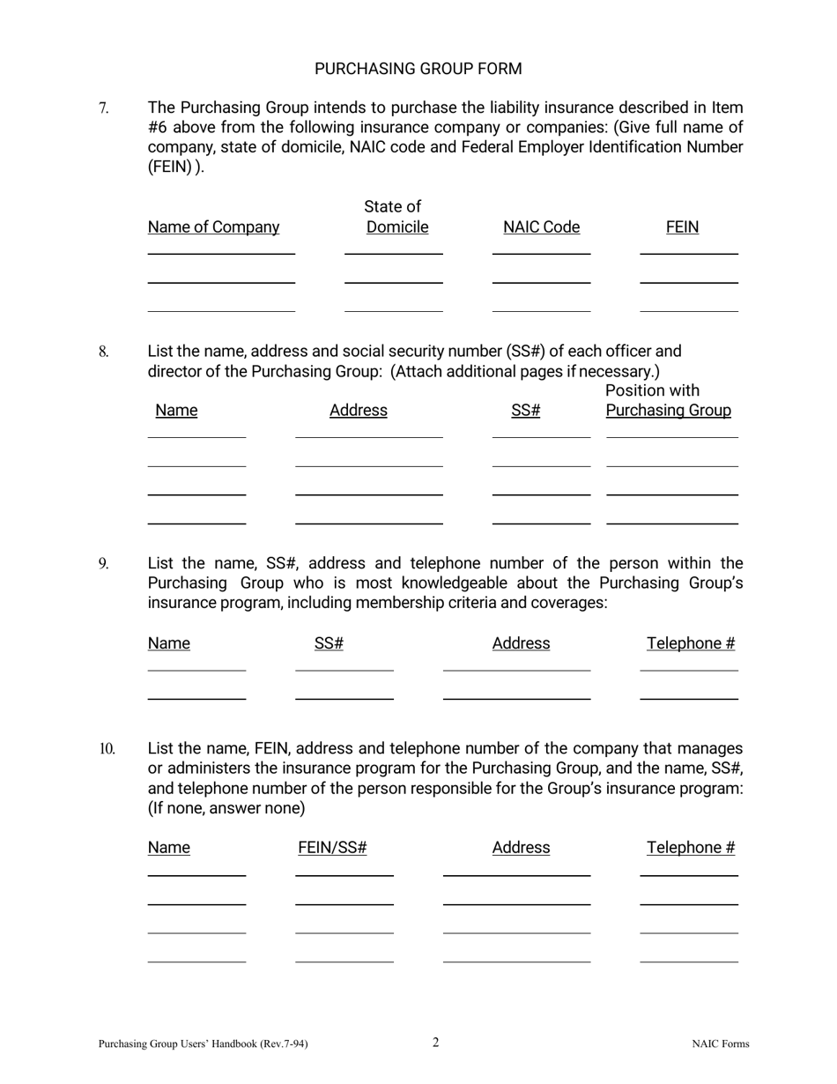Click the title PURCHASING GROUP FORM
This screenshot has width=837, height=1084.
(x=418, y=69)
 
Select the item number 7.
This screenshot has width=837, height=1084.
(x=103, y=108)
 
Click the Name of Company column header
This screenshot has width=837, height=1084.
(x=213, y=227)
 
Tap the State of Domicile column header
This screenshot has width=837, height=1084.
(x=394, y=217)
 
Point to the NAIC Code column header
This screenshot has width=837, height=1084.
(x=541, y=227)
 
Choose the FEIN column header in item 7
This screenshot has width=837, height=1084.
(x=682, y=227)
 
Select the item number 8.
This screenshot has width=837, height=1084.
(x=103, y=353)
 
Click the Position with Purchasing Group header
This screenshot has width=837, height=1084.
(x=668, y=401)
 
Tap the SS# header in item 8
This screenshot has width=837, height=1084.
(x=525, y=411)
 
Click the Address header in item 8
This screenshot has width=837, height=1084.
(x=358, y=411)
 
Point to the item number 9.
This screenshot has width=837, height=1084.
(x=103, y=564)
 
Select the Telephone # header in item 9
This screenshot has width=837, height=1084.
(x=690, y=643)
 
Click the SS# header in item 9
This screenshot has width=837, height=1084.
(x=329, y=643)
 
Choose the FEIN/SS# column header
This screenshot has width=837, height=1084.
(x=332, y=848)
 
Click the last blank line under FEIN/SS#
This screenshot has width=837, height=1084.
(x=344, y=961)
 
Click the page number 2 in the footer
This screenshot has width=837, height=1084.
(x=435, y=1043)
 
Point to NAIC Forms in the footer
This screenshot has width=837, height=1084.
(x=720, y=1044)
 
